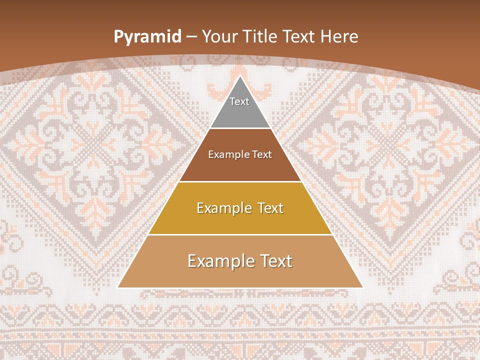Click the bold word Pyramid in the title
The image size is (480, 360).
click(147, 37)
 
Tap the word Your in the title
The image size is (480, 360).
click(219, 36)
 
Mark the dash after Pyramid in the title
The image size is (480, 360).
click(191, 37)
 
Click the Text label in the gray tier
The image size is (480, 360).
click(239, 101)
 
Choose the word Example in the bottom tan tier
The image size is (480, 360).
click(220, 261)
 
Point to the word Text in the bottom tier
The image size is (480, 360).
click(274, 261)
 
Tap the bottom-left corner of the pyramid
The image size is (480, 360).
click(117, 287)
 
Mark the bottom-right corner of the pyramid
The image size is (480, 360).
click(363, 287)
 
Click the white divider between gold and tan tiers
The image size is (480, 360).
click(240, 234)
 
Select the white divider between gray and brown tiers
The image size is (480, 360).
click(240, 128)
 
